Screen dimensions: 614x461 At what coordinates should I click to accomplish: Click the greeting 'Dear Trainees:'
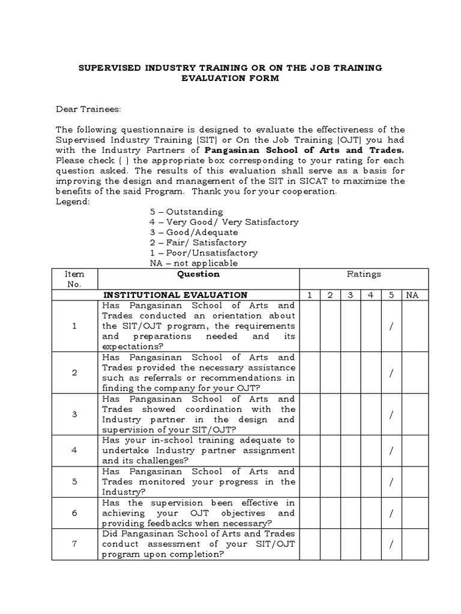click(x=88, y=109)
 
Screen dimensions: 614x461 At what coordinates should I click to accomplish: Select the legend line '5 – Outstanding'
click(x=186, y=212)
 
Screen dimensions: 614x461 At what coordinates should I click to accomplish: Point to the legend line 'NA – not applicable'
click(x=193, y=263)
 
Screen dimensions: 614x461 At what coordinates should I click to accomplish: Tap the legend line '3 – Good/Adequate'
click(x=193, y=232)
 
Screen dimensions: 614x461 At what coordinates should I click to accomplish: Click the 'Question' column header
click(x=198, y=274)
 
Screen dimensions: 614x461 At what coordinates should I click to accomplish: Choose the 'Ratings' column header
click(x=364, y=274)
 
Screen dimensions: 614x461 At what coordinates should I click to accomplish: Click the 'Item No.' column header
click(x=74, y=279)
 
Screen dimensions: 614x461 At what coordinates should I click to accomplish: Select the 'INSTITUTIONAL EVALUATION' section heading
click(x=175, y=294)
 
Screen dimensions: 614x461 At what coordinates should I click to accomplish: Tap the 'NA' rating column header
click(x=412, y=294)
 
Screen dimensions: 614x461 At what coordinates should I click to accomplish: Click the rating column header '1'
click(x=309, y=294)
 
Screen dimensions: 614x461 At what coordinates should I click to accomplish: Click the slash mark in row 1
click(x=391, y=326)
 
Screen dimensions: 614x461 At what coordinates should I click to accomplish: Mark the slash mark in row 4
click(x=391, y=450)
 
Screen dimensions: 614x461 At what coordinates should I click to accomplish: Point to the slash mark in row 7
click(x=391, y=544)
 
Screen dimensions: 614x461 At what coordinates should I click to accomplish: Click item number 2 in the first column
click(x=74, y=372)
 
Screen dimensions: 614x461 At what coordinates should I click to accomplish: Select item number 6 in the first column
click(x=74, y=513)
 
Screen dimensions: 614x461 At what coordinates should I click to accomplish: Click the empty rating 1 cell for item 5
click(x=309, y=481)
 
